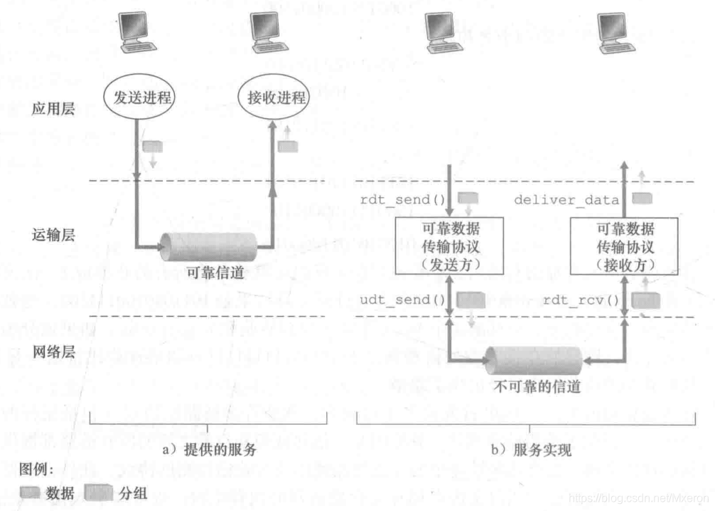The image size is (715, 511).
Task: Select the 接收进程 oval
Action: pyautogui.click(x=272, y=97)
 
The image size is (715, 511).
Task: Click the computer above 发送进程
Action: pyautogui.click(x=136, y=33)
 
